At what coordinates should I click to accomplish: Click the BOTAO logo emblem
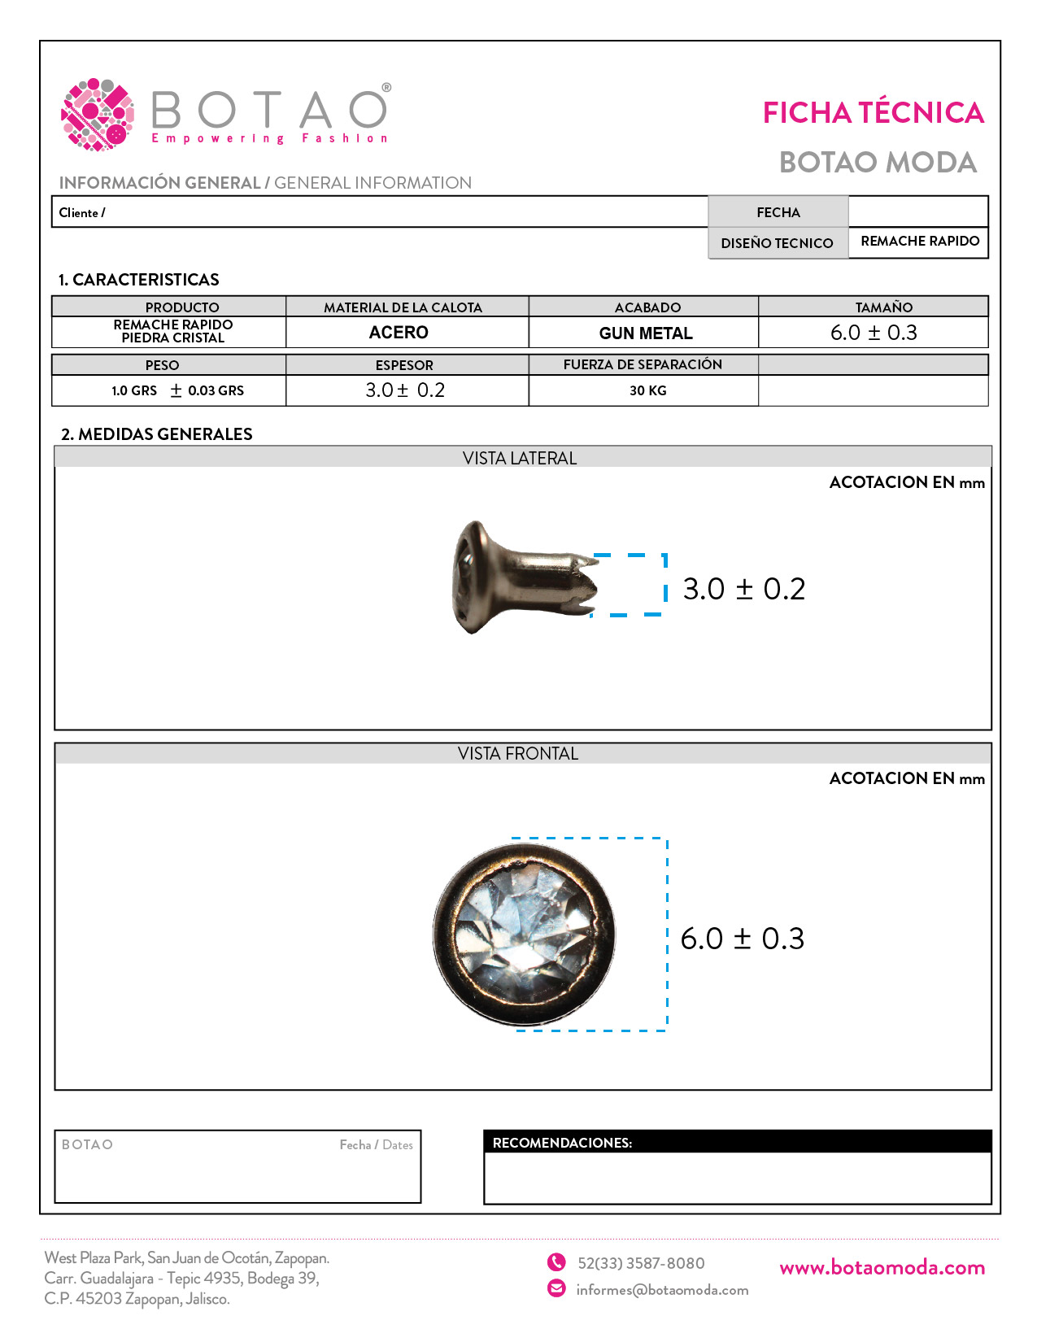98,115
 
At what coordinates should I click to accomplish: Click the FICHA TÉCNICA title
873,113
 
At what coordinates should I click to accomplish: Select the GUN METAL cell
645,333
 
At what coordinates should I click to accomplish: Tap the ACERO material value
399,333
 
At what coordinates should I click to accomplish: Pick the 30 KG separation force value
647,391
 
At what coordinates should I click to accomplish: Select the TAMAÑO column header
883,307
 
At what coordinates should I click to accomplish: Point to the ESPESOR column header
404,365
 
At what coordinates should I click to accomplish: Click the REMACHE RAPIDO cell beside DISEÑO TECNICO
919,242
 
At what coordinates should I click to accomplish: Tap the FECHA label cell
778,212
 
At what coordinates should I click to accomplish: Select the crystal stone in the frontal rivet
524,935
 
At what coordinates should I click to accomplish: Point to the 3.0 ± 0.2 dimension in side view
743,589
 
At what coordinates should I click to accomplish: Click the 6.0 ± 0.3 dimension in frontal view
742,939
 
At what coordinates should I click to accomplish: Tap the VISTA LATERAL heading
520,459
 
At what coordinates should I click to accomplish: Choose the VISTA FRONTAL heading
518,754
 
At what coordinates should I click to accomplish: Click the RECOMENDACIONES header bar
737,1143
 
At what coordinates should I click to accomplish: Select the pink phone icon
556,1262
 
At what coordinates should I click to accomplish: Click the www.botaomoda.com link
882,1268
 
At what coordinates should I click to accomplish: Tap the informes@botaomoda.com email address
662,1290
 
